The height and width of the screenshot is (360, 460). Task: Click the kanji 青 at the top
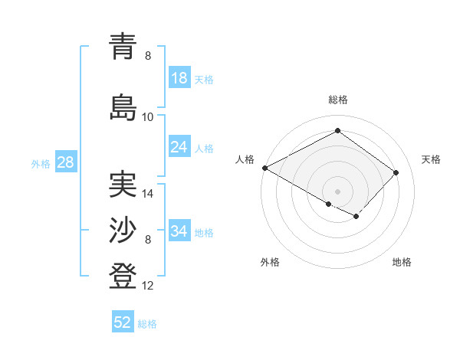[x=123, y=47]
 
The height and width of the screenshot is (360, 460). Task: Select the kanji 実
[x=123, y=185]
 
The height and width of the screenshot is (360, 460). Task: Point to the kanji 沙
[x=123, y=231]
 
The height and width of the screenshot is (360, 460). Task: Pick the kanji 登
[x=123, y=277]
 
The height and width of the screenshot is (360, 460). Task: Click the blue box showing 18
[x=179, y=78]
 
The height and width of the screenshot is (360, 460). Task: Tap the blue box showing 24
[x=179, y=147]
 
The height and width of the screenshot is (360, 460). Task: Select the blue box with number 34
[x=179, y=231]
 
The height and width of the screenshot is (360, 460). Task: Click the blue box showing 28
[x=64, y=162]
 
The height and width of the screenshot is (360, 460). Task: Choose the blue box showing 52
[x=123, y=322]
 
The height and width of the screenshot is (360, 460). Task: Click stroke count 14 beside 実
[x=148, y=194]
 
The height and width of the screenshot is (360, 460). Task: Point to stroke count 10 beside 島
[x=148, y=116]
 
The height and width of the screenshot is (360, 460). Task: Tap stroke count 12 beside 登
[x=148, y=286]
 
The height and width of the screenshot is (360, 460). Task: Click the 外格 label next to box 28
[x=41, y=163]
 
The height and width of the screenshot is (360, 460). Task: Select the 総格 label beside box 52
[x=147, y=324]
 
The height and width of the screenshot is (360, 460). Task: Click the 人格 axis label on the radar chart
[x=245, y=159]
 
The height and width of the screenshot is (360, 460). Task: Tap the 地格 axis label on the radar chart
[x=402, y=263]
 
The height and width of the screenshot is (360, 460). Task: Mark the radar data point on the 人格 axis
[x=264, y=167]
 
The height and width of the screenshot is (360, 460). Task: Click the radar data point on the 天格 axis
[x=396, y=172]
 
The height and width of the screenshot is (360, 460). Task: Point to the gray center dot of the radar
[x=337, y=190]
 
